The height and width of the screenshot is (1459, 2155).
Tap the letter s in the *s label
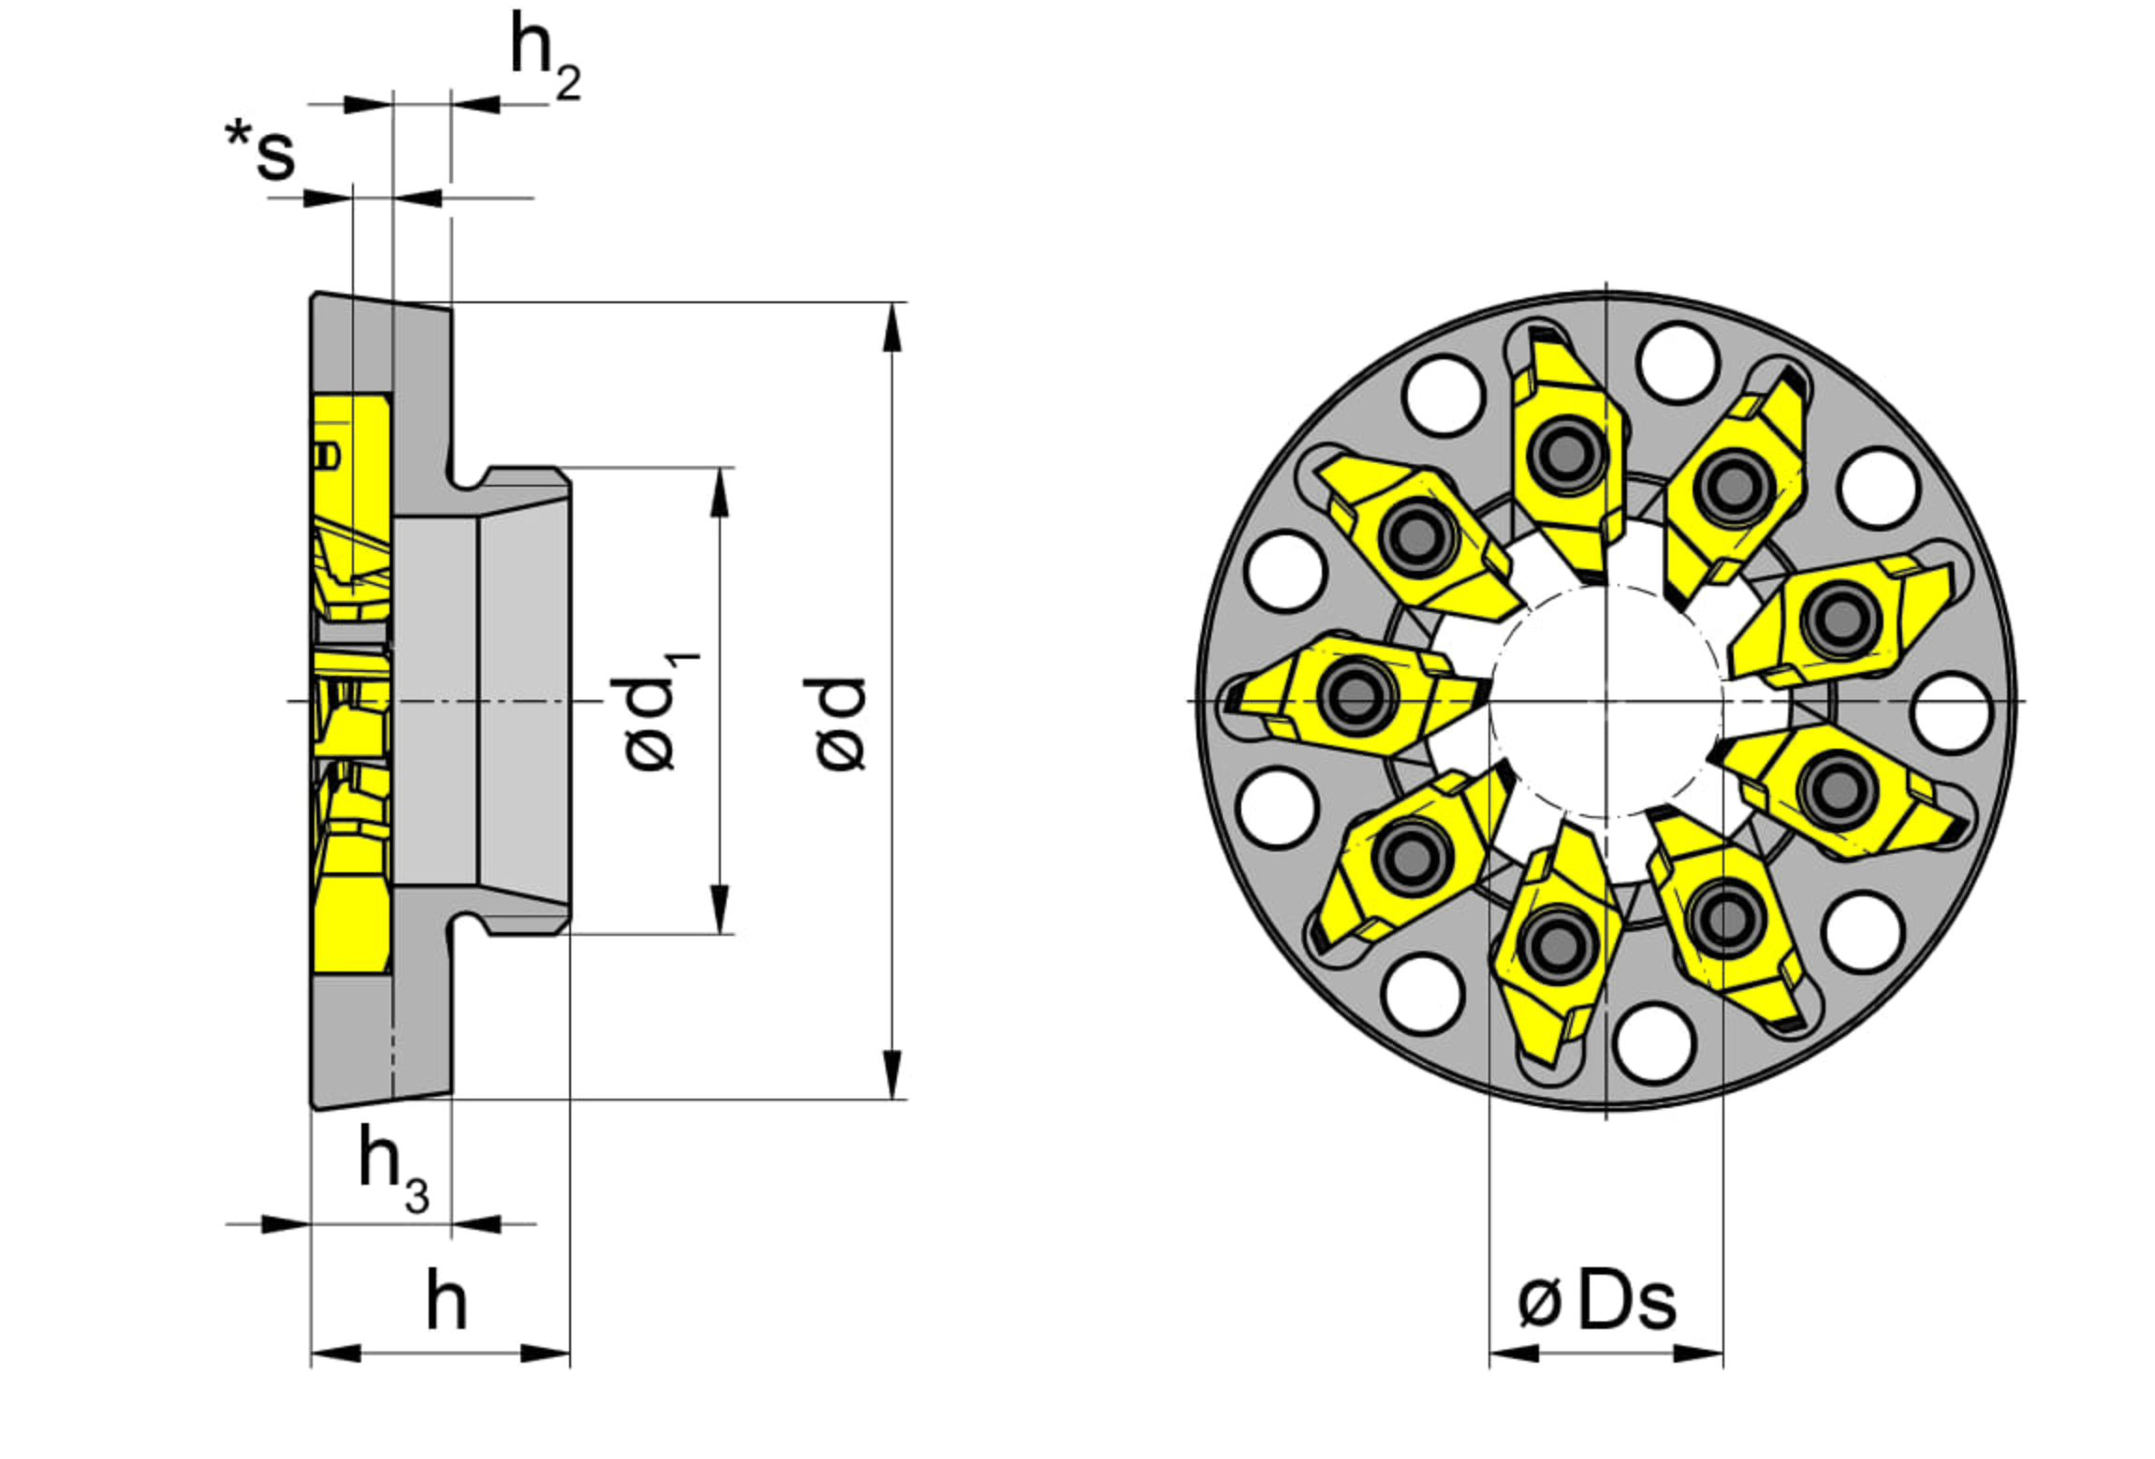tap(275, 154)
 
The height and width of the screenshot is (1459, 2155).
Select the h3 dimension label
tap(393, 1170)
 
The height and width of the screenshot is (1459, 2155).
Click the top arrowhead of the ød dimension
tap(892, 328)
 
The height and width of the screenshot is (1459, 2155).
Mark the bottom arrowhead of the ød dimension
tap(892, 1074)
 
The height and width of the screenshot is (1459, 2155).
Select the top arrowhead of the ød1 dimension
tap(719, 492)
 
